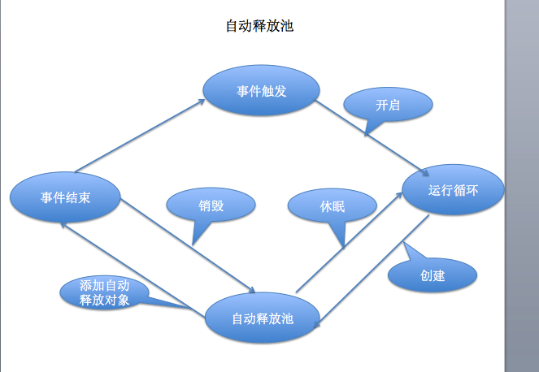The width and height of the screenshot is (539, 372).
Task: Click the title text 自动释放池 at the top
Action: [x=259, y=26]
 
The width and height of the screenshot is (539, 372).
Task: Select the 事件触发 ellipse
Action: [x=261, y=91]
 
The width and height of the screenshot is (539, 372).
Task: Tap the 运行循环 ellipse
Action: [x=454, y=192]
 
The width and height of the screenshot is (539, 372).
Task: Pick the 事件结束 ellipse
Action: [x=66, y=197]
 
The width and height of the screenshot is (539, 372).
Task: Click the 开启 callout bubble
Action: [x=388, y=105]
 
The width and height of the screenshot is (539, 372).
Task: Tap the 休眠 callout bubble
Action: [x=332, y=206]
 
